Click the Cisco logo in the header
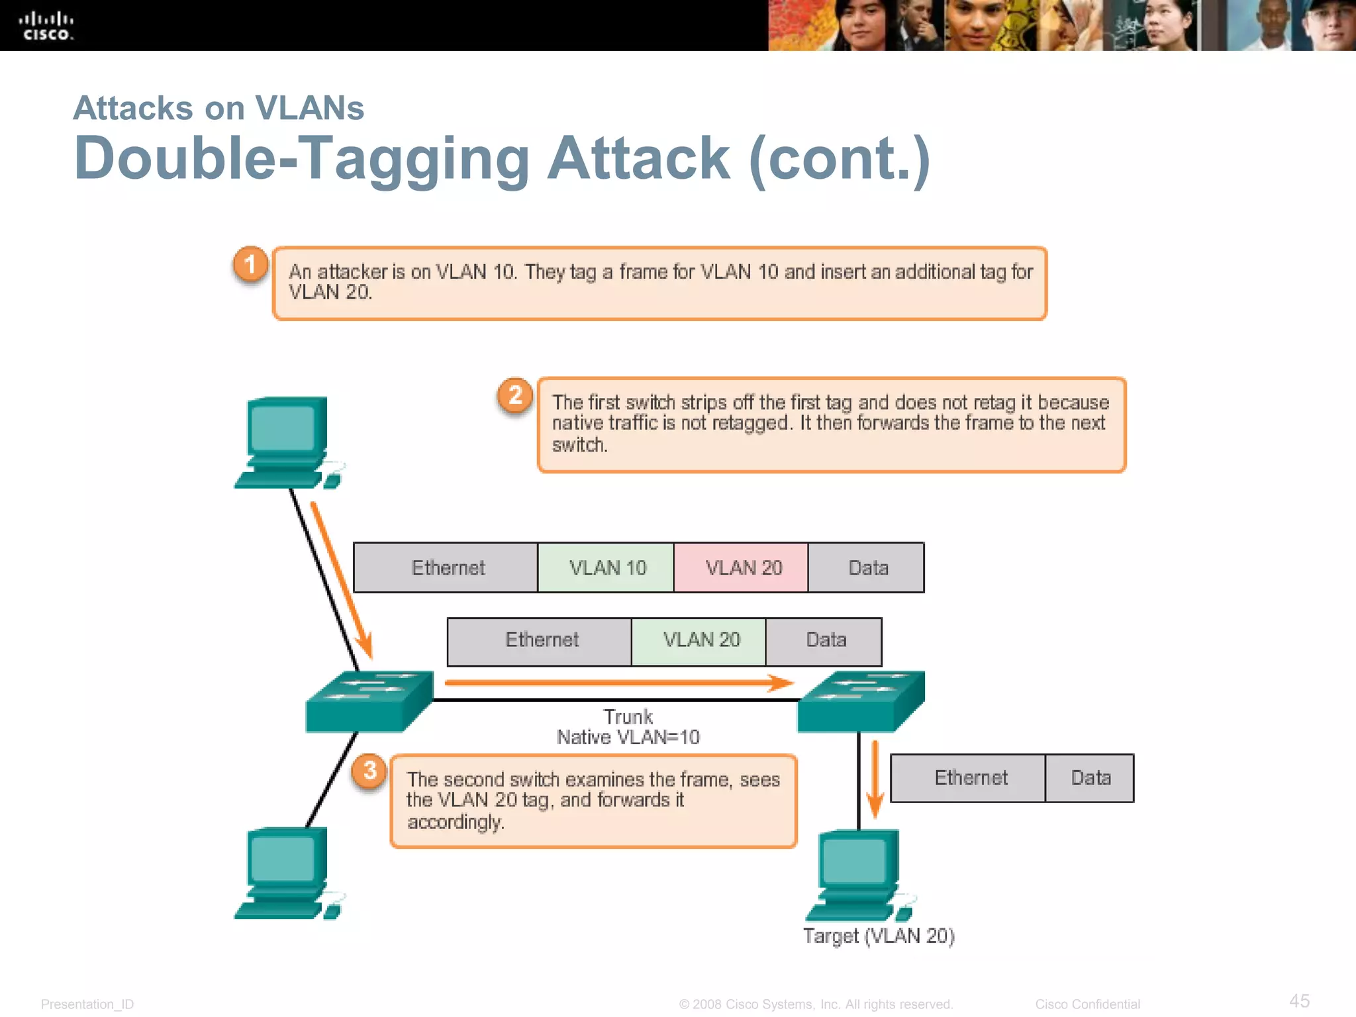(x=46, y=26)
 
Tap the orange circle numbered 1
(x=250, y=265)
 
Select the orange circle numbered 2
(x=515, y=396)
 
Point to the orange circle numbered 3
(x=369, y=771)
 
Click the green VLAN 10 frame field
(x=606, y=567)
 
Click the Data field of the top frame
(x=867, y=567)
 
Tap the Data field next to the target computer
(x=1090, y=778)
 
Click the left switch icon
(x=368, y=702)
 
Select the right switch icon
(x=861, y=702)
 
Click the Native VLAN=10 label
(x=628, y=738)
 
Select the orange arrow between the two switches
(x=618, y=683)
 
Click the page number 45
(x=1299, y=1000)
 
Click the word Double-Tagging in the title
(x=302, y=159)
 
